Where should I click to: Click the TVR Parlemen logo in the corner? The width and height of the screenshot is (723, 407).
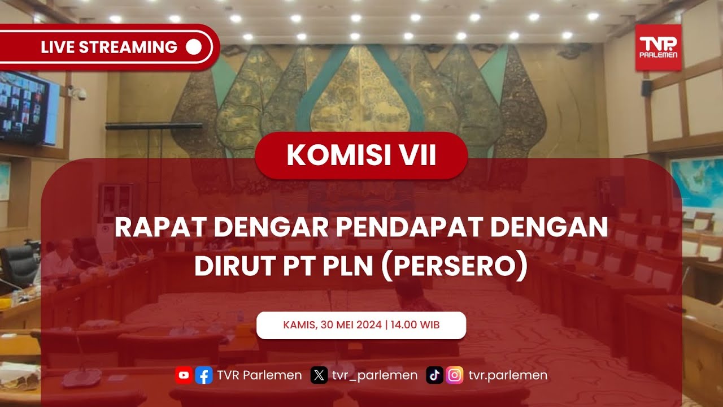[x=658, y=47]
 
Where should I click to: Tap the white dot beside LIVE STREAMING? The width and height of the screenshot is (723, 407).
[x=193, y=47]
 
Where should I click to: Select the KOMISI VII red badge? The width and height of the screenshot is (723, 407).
[x=361, y=155]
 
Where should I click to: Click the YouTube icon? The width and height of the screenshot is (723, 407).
[x=184, y=375]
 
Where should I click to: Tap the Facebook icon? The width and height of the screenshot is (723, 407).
[x=203, y=375]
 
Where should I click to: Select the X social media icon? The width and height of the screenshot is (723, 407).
[x=319, y=375]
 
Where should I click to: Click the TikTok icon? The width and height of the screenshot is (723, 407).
[x=434, y=375]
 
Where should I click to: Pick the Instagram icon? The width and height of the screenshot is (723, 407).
[x=455, y=375]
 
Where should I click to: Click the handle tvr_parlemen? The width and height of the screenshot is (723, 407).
[x=374, y=375]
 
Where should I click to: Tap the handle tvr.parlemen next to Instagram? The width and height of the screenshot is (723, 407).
[x=508, y=375]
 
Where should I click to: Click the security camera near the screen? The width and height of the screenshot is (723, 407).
[x=79, y=93]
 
